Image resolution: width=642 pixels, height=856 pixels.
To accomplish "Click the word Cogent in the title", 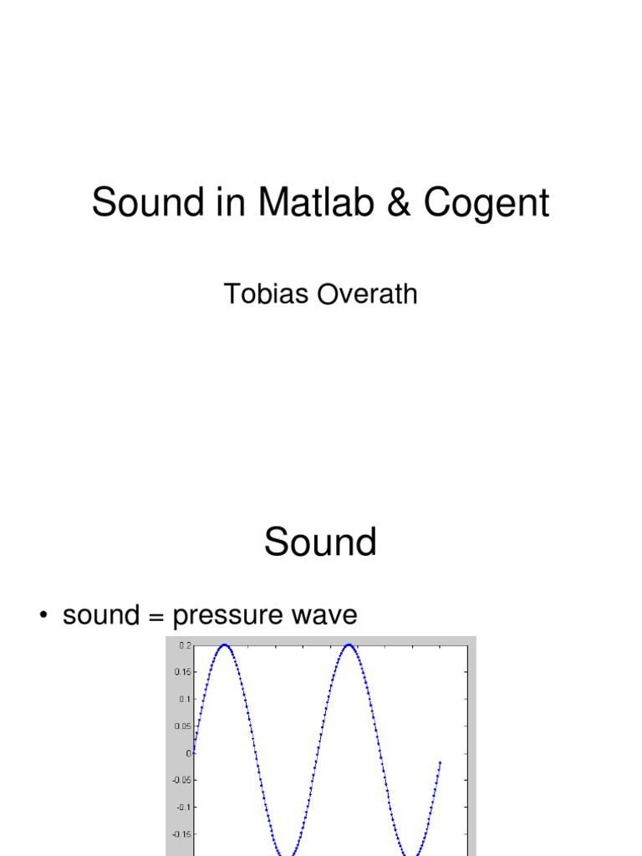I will coord(487,203).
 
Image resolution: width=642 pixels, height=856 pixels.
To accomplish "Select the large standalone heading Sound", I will coord(320,542).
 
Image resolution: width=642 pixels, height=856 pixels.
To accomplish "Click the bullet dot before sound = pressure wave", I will coord(43,617).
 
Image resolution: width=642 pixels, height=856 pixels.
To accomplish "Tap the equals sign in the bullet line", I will coord(156,617).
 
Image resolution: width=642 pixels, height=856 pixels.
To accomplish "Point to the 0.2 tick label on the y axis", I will coord(184,645).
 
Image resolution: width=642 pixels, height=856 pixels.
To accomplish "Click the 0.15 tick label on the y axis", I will coord(182,672).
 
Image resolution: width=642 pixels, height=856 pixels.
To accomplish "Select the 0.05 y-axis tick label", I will coord(182,726).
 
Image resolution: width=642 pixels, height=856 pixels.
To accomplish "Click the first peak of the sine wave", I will coord(224,645).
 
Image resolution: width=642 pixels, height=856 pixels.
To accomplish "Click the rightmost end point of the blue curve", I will coord(440,762).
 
